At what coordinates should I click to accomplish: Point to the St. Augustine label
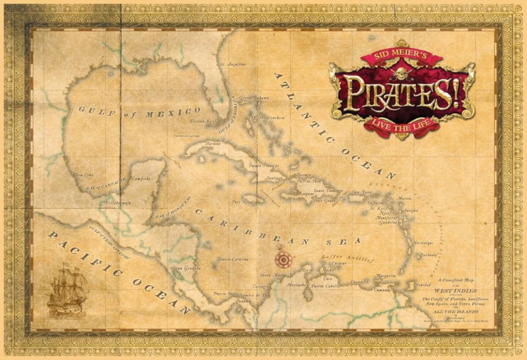point(233,64)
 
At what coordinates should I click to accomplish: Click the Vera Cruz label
point(83,175)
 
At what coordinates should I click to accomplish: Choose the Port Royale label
point(243,202)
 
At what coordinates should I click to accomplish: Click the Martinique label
point(423,242)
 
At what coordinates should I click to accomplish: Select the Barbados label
point(428,254)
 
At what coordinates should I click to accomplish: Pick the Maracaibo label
point(297,285)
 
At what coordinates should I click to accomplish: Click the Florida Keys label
point(202,121)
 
